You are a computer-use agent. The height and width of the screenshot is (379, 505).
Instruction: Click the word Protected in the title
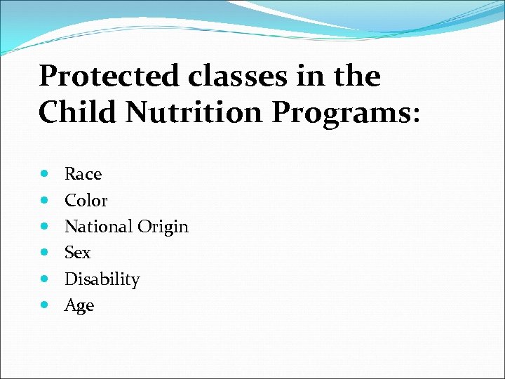click(109, 77)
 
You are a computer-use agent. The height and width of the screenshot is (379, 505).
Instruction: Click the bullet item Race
click(83, 174)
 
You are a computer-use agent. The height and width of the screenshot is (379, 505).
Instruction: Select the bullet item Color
click(86, 201)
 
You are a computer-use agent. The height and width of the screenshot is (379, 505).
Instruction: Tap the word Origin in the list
click(163, 227)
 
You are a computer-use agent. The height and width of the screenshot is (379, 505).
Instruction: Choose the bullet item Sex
click(77, 253)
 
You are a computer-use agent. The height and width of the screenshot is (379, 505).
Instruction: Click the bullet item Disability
click(102, 279)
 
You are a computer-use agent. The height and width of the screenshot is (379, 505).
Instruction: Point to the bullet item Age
click(79, 306)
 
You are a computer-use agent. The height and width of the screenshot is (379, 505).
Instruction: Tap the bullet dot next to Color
click(46, 201)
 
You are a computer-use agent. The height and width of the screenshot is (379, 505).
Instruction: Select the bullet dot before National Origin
click(46, 227)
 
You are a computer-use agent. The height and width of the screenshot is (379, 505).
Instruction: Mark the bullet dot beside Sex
click(46, 253)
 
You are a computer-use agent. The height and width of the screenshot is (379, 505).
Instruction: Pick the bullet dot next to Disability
click(46, 279)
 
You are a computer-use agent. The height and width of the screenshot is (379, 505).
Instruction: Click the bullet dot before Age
click(46, 305)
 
